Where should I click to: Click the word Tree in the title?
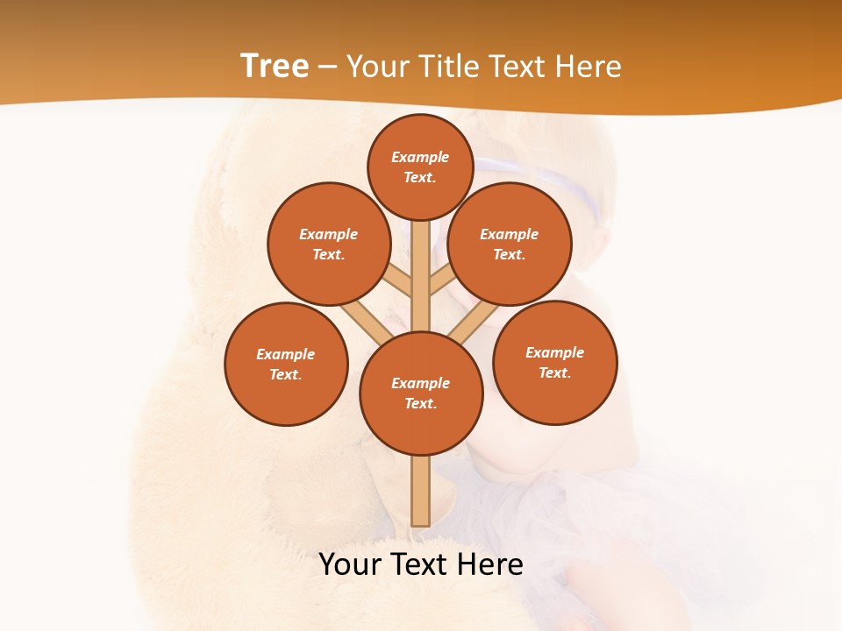tap(275, 67)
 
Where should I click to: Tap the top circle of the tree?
tap(420, 167)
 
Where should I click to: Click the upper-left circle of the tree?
tap(328, 244)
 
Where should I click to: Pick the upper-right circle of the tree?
tap(510, 244)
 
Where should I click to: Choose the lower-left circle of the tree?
tap(286, 364)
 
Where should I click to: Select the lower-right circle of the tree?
tap(554, 362)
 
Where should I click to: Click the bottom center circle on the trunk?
tap(421, 393)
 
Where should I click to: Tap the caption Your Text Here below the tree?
tap(421, 564)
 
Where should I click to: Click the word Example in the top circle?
tap(420, 157)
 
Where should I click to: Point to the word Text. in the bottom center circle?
tap(420, 403)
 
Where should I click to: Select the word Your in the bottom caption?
tap(349, 564)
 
